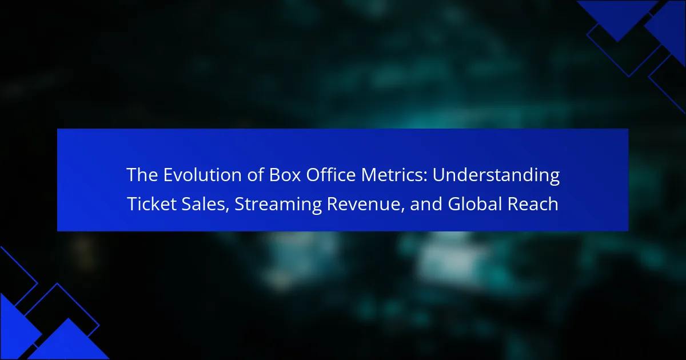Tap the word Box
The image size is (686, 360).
[x=285, y=175]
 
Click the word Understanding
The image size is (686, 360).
[x=496, y=175]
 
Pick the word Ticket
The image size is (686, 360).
[x=151, y=204]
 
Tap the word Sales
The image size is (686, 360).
[x=203, y=204]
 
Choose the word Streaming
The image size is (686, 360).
[x=278, y=205]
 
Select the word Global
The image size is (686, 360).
[x=475, y=204]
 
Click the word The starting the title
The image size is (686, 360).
[x=142, y=175]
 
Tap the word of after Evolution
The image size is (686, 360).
[x=256, y=174]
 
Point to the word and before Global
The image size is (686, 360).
[x=426, y=204]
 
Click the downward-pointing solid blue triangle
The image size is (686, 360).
[x=617, y=18]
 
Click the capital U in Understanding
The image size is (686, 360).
[x=438, y=175]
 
